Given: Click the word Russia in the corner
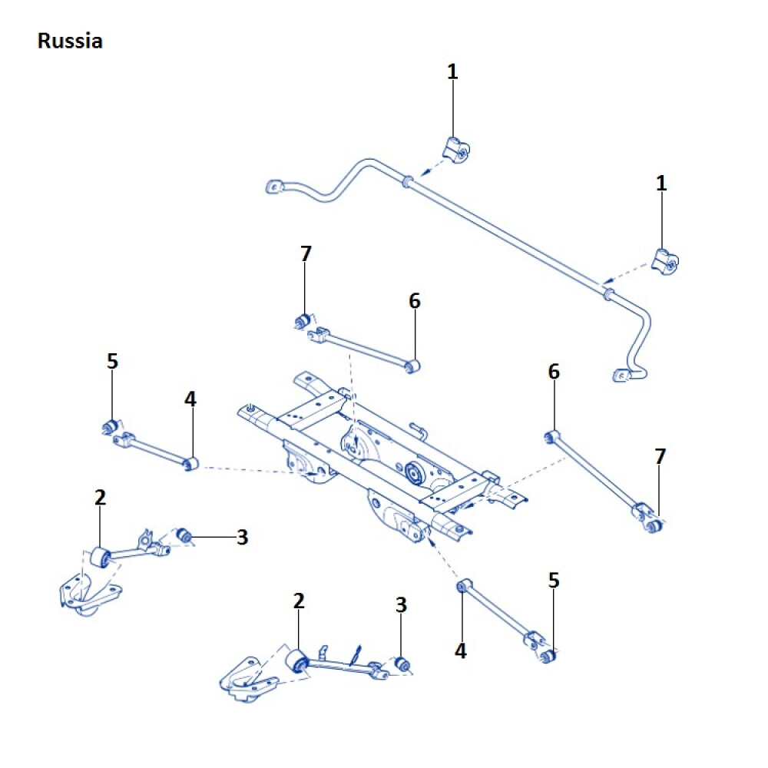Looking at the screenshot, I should (69, 41).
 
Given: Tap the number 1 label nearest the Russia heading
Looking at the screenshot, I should (452, 71).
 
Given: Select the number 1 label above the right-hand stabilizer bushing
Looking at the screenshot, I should (661, 184).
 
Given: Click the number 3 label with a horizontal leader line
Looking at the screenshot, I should (243, 538).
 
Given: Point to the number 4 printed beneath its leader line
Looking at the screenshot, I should (460, 650).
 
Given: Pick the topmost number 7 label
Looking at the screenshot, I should (306, 253).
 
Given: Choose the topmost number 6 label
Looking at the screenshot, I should (415, 301).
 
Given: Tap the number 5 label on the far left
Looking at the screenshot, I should (113, 361).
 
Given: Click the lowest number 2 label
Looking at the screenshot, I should (299, 601).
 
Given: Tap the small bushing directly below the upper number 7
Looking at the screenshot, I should (303, 319).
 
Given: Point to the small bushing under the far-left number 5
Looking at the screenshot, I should (110, 426).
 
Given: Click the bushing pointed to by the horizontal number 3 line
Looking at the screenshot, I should (184, 535).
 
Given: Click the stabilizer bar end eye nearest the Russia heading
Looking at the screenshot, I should (273, 187).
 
